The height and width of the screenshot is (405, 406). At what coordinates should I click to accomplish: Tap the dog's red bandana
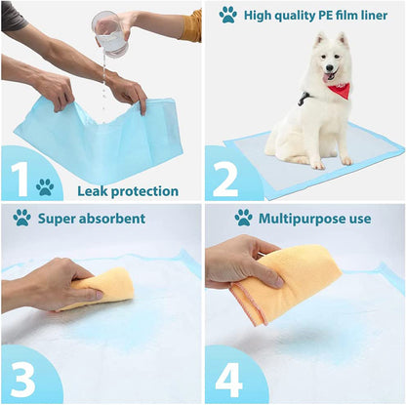click(338, 91)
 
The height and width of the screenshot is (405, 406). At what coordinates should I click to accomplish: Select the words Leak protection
click(127, 191)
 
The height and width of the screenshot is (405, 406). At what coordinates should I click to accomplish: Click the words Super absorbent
click(92, 218)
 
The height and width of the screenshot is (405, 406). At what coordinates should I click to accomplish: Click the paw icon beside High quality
click(227, 15)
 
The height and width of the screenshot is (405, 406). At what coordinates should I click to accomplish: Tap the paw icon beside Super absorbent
click(21, 217)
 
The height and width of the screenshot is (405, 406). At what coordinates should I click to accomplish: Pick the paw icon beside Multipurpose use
click(243, 217)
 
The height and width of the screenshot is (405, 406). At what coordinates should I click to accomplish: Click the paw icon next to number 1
click(45, 186)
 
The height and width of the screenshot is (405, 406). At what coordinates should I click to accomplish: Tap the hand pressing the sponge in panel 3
click(44, 283)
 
